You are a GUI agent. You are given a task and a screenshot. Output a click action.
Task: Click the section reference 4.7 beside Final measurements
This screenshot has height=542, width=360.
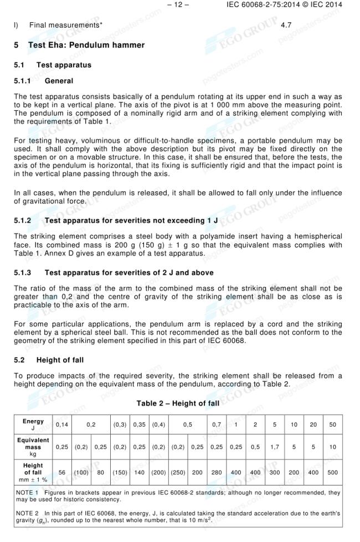point(286,25)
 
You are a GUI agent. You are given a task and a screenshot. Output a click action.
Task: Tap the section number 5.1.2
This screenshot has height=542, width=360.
point(22,221)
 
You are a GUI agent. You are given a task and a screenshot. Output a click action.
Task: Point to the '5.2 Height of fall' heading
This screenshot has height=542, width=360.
point(49,360)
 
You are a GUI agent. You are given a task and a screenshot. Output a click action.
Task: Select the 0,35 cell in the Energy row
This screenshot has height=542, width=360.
point(138,425)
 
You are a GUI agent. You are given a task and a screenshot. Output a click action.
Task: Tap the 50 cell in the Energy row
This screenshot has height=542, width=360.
point(332,425)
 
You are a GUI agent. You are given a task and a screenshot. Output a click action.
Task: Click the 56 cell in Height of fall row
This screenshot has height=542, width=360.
point(62,473)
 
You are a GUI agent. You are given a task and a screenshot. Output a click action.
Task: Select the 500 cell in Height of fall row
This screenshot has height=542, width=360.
point(332,473)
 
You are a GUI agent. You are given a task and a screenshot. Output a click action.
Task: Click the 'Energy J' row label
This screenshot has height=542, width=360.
point(33,425)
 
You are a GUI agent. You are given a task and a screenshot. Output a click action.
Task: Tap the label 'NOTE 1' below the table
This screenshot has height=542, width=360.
point(26,492)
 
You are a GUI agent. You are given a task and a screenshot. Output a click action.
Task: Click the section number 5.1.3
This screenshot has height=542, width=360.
point(22,273)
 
